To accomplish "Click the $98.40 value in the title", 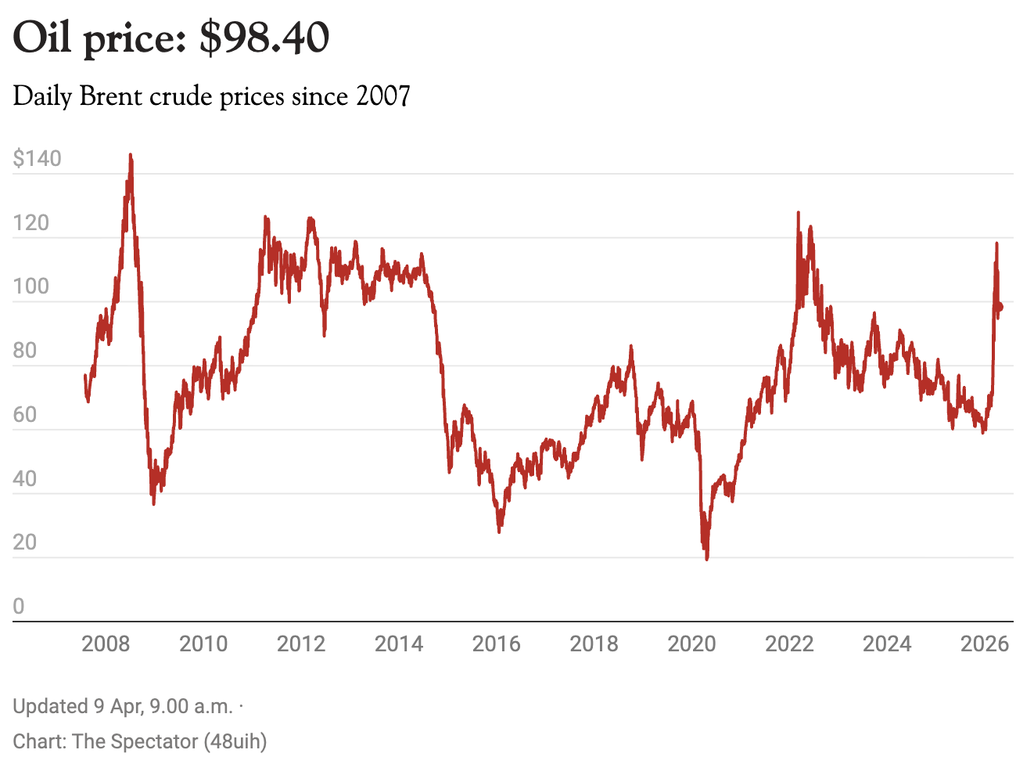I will (x=264, y=38).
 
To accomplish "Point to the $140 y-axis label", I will (x=37, y=159).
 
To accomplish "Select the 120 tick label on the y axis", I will (x=31, y=223).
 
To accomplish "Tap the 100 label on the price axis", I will (x=31, y=287).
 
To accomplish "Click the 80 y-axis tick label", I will (x=25, y=351).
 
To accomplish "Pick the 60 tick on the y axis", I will (x=25, y=415).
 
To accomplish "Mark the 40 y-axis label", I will (x=25, y=478).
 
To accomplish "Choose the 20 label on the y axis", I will (x=25, y=542).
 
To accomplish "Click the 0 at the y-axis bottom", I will (x=19, y=606).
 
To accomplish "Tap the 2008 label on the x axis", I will (x=106, y=644).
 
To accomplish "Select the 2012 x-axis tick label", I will (x=301, y=644).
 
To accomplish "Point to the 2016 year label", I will (x=496, y=644).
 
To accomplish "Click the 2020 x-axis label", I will (x=691, y=644).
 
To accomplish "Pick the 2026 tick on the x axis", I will (x=984, y=644).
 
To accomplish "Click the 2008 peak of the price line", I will (x=131, y=155).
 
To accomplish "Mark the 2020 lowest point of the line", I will (x=707, y=559).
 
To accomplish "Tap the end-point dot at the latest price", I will (x=999, y=307).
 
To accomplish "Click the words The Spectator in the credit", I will (x=135, y=741).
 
